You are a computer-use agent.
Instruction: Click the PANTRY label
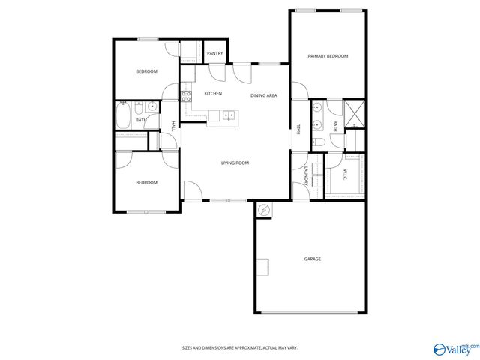(x=214, y=53)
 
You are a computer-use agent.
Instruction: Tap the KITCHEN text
(x=213, y=93)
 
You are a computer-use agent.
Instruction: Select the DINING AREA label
(x=264, y=95)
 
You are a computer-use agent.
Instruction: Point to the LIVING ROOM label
(x=235, y=163)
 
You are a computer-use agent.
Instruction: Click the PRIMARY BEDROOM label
(x=328, y=56)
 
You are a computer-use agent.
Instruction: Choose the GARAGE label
(x=312, y=259)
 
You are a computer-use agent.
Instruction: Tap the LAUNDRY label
(x=307, y=177)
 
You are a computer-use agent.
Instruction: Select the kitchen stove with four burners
(x=185, y=95)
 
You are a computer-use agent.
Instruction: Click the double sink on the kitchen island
(x=228, y=115)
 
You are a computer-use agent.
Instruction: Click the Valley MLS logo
(x=454, y=349)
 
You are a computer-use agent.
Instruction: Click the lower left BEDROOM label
(x=146, y=183)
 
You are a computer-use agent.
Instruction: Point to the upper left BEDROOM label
(x=146, y=71)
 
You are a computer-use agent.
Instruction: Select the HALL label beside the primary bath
(x=298, y=129)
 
